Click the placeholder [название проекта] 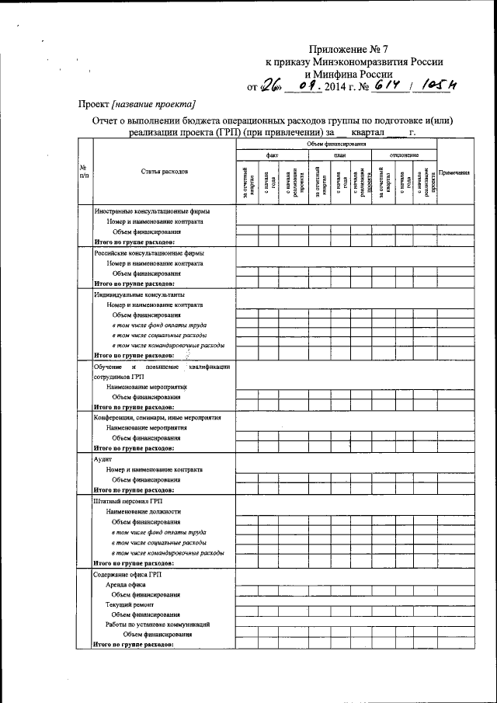[x=154, y=104]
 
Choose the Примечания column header [x=455, y=172]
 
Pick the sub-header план [x=339, y=155]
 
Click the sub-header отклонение [x=405, y=155]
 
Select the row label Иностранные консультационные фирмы [x=151, y=211]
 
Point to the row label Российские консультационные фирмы [x=149, y=253]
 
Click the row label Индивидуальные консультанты [x=139, y=295]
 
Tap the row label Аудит [x=103, y=459]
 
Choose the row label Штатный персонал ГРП [x=129, y=501]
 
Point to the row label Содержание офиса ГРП [x=128, y=574]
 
